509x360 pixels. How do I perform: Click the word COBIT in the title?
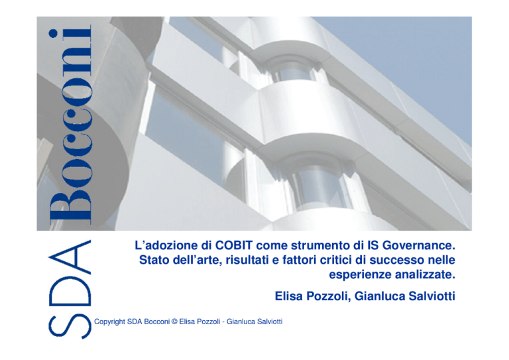234,245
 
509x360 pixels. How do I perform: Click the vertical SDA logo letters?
70,289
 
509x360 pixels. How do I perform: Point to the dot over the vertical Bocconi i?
53,34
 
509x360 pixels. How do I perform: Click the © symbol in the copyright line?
174,322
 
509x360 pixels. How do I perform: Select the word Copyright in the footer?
110,322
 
